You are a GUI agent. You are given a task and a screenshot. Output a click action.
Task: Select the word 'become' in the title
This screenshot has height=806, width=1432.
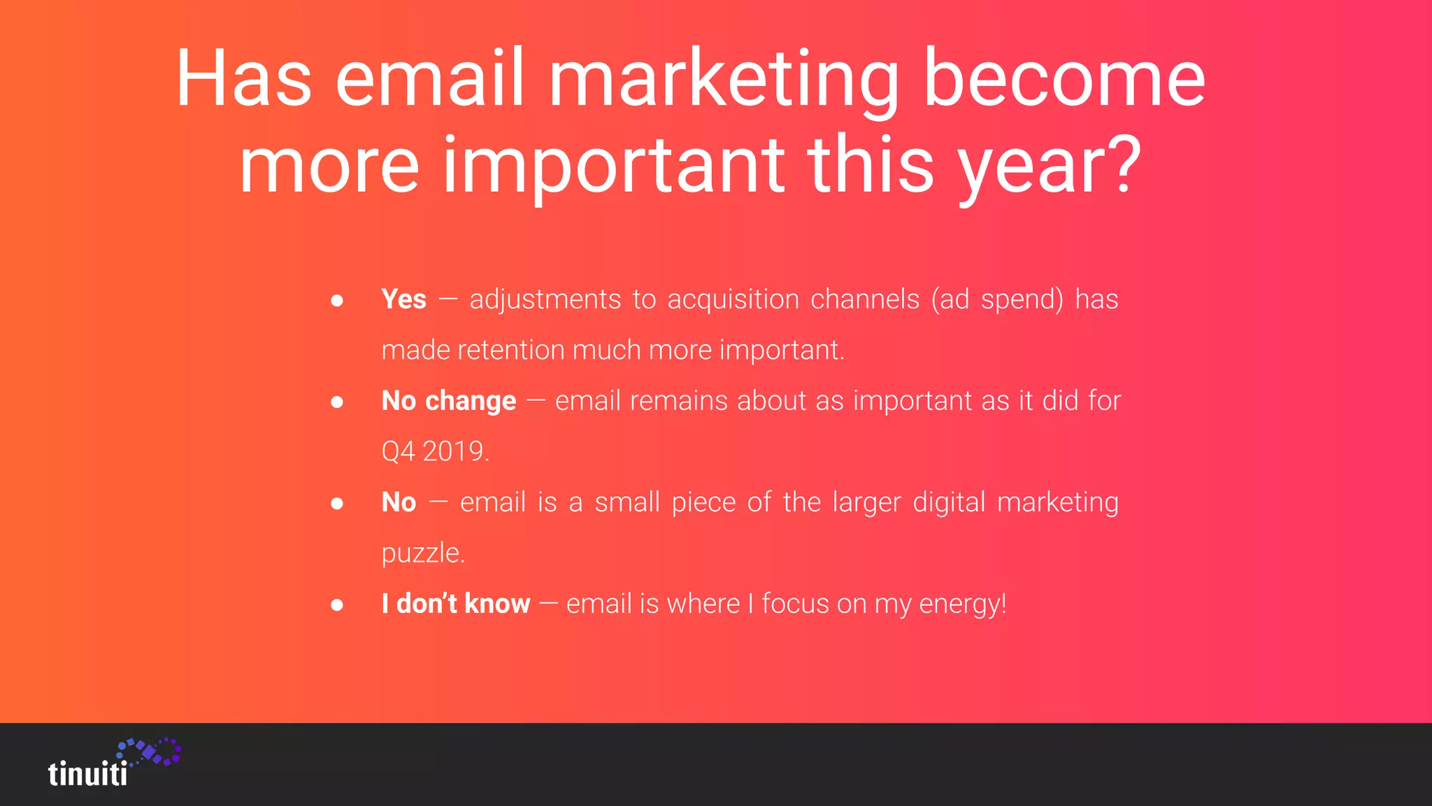click(1064, 78)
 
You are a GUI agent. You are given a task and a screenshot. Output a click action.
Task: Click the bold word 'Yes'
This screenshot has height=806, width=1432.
click(403, 299)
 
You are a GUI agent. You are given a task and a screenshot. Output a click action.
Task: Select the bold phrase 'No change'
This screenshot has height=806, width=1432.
click(449, 401)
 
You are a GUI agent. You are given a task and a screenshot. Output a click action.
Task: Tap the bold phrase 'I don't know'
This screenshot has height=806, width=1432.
click(456, 603)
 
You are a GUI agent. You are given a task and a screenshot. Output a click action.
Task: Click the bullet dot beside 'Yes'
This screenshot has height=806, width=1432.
click(337, 301)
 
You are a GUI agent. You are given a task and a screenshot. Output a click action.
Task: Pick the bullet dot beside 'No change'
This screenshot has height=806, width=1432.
click(337, 402)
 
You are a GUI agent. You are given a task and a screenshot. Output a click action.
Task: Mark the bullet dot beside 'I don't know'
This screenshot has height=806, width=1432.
click(337, 604)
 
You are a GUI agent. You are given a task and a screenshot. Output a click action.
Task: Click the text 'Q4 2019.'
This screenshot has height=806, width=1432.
click(435, 451)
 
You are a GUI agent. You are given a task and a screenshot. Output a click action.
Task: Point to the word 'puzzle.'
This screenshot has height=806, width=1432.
click(423, 553)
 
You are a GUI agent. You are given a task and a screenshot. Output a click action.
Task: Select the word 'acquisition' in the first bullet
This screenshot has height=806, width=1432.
click(733, 299)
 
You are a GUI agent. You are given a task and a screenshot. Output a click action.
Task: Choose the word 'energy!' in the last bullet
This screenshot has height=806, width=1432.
click(963, 604)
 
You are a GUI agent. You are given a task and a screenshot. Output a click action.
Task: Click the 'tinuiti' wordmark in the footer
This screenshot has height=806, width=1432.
click(88, 774)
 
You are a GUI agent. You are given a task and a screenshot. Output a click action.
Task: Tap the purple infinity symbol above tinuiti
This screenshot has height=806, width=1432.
click(150, 751)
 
